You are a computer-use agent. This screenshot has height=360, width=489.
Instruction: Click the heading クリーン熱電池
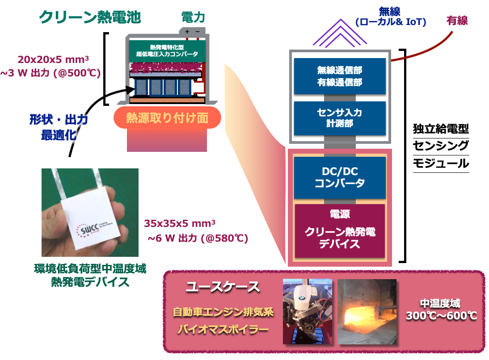(90, 17)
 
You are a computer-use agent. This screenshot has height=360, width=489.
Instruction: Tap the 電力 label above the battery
(193, 17)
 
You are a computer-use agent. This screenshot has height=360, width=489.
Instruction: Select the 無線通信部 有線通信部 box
(340, 76)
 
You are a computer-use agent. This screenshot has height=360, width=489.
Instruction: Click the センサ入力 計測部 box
(340, 118)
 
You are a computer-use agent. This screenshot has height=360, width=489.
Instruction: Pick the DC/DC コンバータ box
(340, 177)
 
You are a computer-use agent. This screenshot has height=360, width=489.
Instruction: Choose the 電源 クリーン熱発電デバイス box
(340, 231)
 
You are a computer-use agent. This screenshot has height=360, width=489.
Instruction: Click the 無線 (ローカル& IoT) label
(390, 16)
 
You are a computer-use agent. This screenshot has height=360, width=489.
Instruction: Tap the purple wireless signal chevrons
(341, 33)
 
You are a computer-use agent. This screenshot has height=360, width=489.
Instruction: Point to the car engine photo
(308, 311)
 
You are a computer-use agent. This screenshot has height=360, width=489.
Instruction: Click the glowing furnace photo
(367, 311)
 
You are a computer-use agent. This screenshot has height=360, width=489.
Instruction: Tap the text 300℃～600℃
(441, 316)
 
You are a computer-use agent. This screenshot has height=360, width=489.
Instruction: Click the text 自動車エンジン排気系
(223, 312)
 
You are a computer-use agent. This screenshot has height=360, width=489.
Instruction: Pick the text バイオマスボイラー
(223, 330)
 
